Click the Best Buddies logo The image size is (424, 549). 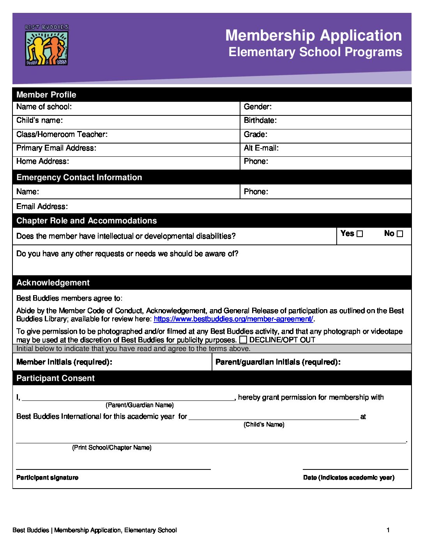point(47,44)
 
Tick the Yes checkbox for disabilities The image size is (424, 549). point(360,234)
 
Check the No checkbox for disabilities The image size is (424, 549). point(400,234)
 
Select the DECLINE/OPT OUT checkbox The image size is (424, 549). point(243,340)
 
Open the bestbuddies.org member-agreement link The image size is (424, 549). point(233,319)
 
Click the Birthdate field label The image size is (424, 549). point(260,120)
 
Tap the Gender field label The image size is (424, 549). point(258,107)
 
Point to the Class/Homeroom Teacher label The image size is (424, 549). point(62,135)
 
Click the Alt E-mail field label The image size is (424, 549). point(261,148)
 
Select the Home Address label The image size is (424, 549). point(42,161)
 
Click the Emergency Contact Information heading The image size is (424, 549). point(79,177)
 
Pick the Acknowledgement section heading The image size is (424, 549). point(53,283)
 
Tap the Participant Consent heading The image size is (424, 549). point(55,378)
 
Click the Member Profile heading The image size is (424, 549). point(46,95)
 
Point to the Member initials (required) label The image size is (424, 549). point(64,362)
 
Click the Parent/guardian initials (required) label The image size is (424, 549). point(278,362)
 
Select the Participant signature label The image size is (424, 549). point(47,478)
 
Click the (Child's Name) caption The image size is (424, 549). point(264,425)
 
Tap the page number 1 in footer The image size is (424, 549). point(388,530)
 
